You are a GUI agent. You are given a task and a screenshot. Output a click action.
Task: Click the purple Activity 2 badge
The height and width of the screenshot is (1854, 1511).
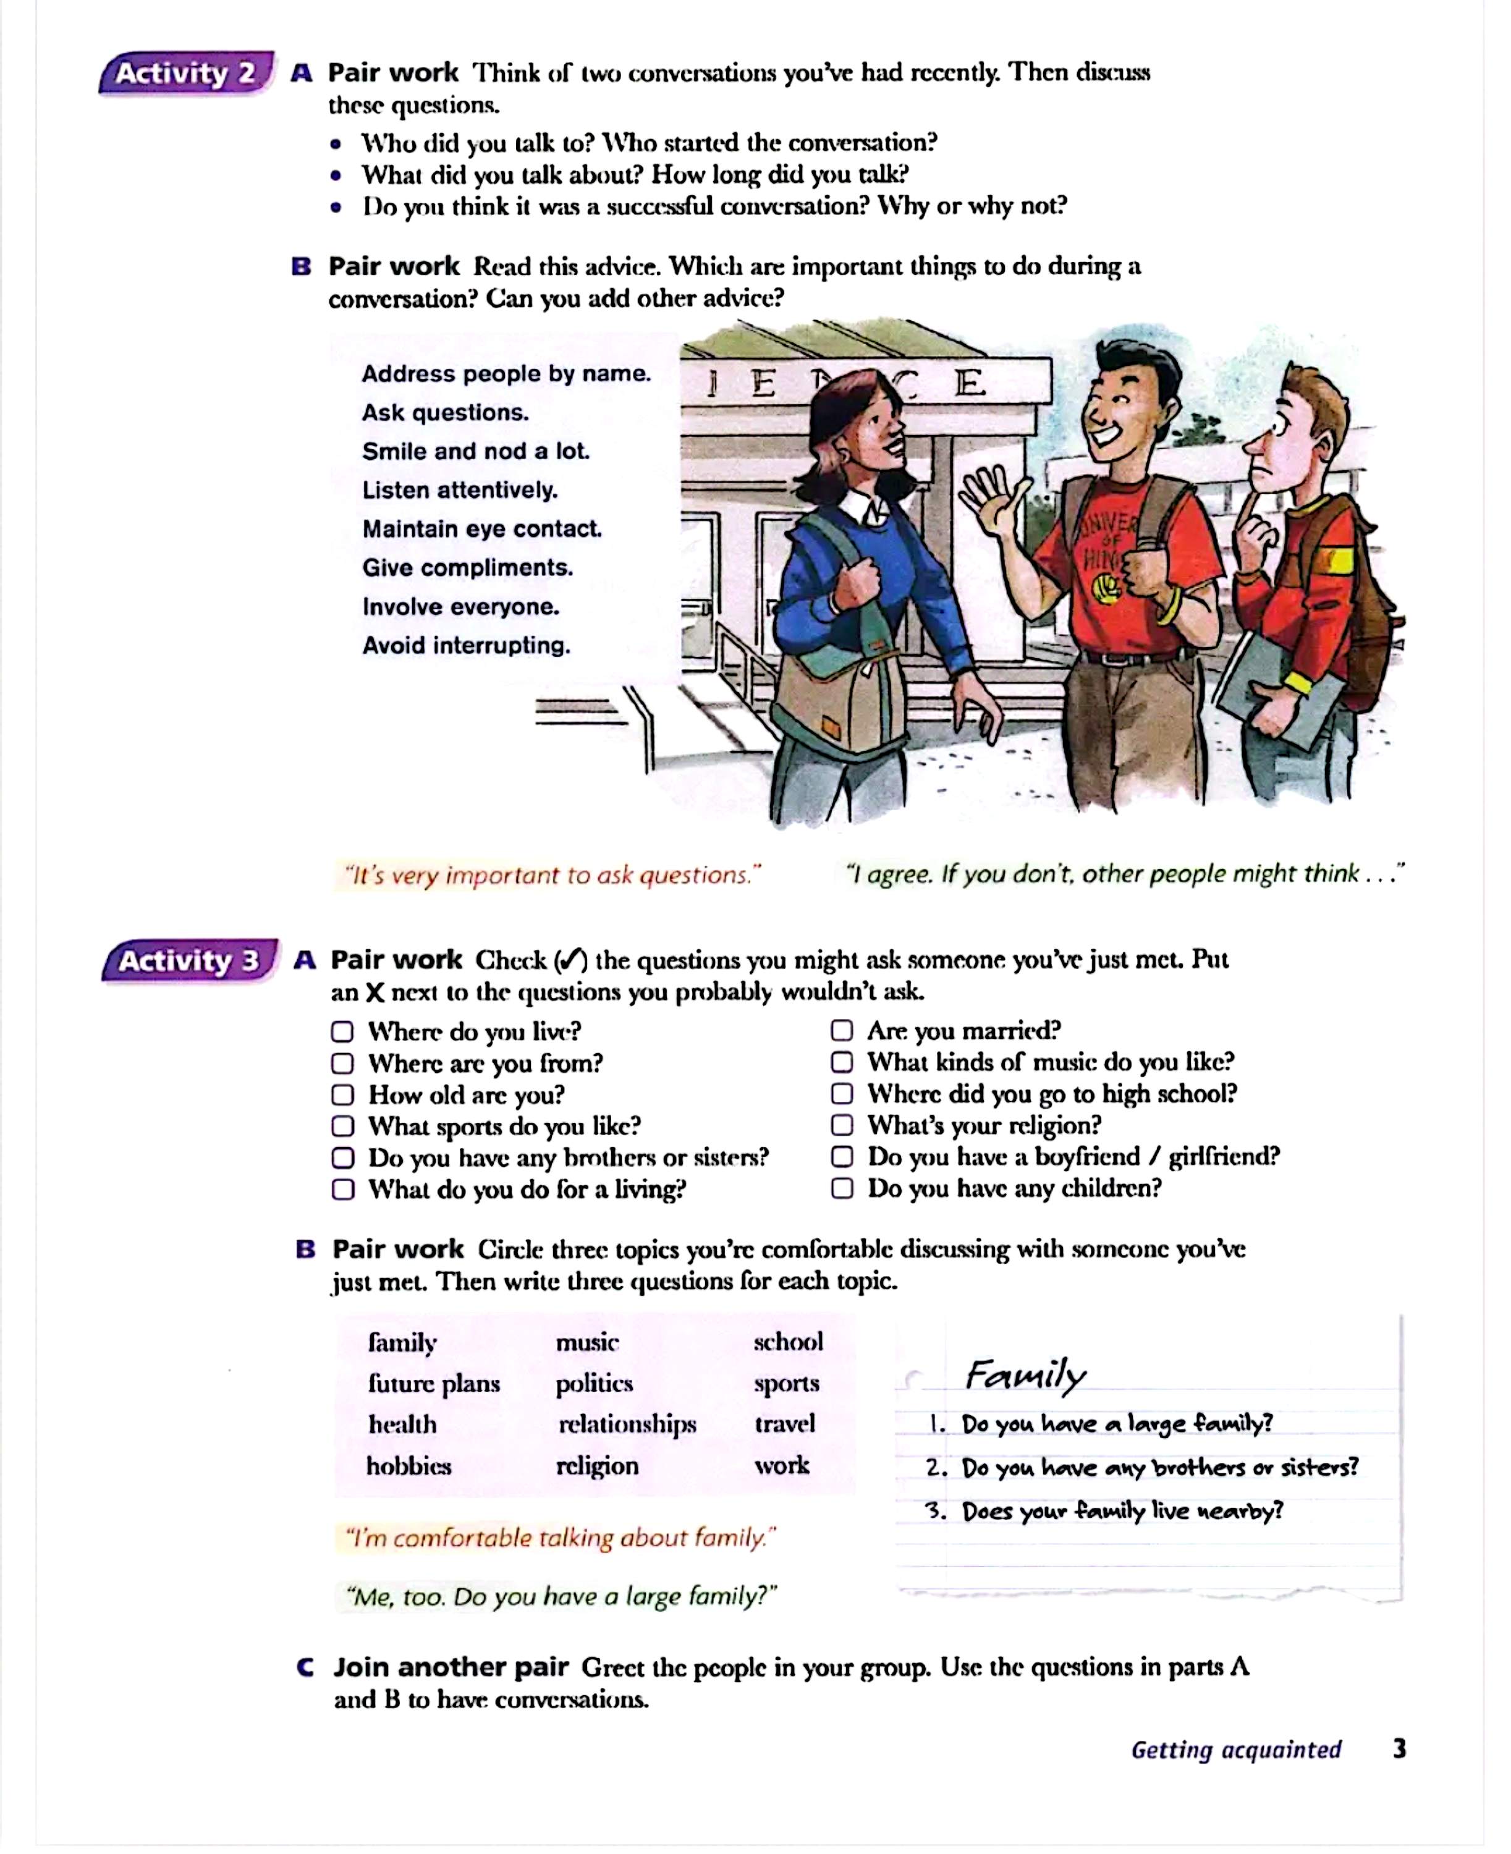[x=186, y=73]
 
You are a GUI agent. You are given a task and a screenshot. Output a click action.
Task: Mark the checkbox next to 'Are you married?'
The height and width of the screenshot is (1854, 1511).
[x=842, y=1031]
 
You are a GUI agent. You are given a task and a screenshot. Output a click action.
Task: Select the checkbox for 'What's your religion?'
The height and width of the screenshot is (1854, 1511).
[x=842, y=1125]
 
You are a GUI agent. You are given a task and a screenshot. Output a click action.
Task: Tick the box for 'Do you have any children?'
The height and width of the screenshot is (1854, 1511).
[x=842, y=1188]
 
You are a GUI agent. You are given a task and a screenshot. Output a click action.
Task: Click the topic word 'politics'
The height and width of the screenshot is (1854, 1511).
[x=595, y=1383]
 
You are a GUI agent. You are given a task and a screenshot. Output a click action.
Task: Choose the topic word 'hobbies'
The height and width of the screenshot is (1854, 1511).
[x=408, y=1466]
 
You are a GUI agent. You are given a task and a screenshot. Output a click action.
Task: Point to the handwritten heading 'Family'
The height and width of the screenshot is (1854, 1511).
[x=1025, y=1375]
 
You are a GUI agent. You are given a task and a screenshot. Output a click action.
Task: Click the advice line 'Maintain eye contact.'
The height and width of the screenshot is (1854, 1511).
[x=481, y=529]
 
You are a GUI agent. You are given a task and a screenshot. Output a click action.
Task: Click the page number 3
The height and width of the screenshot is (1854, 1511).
[x=1399, y=1749]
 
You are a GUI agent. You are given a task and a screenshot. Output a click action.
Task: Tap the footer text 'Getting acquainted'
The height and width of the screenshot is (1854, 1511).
[x=1236, y=1750]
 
